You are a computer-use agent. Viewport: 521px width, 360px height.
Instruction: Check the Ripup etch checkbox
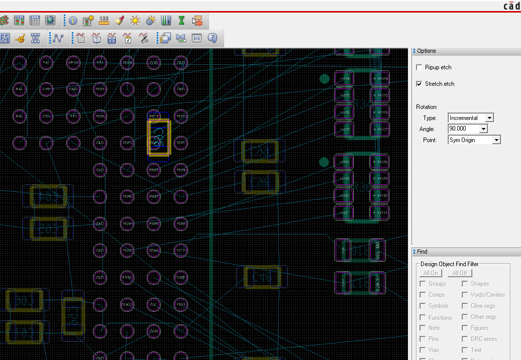point(420,67)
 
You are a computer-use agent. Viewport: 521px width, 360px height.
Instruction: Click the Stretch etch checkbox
point(420,84)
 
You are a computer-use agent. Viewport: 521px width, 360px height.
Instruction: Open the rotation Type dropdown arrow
point(490,118)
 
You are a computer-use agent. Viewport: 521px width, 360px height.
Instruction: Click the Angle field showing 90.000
point(464,129)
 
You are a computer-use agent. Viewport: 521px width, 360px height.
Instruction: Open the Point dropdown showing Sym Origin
point(496,140)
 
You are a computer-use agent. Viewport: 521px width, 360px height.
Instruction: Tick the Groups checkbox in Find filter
point(423,284)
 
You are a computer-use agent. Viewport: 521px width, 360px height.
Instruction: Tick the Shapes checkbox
point(465,284)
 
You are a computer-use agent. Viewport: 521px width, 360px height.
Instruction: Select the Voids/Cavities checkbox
point(465,295)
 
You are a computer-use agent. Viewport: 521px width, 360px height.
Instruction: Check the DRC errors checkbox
point(465,339)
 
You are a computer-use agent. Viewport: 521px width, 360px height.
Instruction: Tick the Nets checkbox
point(423,328)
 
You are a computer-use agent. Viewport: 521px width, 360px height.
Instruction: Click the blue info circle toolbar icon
point(73,21)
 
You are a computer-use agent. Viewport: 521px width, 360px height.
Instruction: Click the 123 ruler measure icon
point(104,21)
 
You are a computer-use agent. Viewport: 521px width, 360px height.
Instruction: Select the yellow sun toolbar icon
point(135,21)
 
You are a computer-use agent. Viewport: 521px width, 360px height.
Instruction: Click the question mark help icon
point(212,38)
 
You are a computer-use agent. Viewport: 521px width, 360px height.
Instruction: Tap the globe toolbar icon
point(50,21)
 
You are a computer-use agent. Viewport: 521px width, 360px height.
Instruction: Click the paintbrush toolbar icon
point(120,21)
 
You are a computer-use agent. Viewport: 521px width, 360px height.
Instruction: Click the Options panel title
point(427,51)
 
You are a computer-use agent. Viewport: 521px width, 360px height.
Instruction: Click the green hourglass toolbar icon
point(181,21)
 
